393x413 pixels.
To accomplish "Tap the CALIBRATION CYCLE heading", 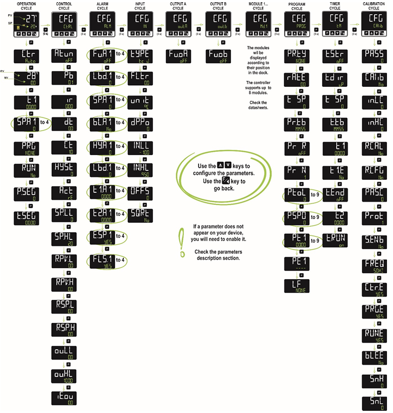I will [x=373, y=7].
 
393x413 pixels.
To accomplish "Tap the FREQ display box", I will [x=373, y=265].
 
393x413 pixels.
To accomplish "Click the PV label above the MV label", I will [x=3, y=72].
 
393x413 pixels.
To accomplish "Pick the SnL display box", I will [x=373, y=403].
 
